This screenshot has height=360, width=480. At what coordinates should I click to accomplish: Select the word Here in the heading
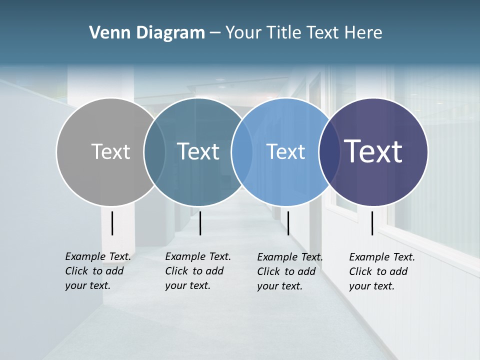[363, 33]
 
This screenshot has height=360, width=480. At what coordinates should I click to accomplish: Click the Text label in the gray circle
[110, 151]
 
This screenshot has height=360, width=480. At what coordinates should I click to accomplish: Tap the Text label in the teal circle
[198, 151]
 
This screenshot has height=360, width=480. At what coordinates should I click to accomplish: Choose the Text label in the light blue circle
[285, 151]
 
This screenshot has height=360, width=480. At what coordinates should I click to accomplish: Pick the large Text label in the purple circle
[373, 151]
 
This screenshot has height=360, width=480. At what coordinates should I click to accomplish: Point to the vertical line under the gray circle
[112, 223]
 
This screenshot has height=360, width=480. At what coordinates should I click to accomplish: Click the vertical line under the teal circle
[200, 223]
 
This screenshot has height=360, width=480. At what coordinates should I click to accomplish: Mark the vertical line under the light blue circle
[288, 223]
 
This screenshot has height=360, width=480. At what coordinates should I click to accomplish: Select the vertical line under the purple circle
[372, 223]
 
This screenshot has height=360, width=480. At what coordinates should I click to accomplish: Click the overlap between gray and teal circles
[154, 151]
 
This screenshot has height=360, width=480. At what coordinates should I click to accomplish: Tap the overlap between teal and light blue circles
[242, 151]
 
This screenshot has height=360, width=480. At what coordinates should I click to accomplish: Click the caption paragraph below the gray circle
[98, 271]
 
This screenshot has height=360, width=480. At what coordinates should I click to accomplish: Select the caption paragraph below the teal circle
[198, 271]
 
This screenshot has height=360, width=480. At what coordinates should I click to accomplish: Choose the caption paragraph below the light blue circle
[290, 271]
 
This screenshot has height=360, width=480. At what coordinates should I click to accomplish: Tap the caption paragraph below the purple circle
[382, 271]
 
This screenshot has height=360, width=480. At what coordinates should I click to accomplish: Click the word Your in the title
[243, 33]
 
